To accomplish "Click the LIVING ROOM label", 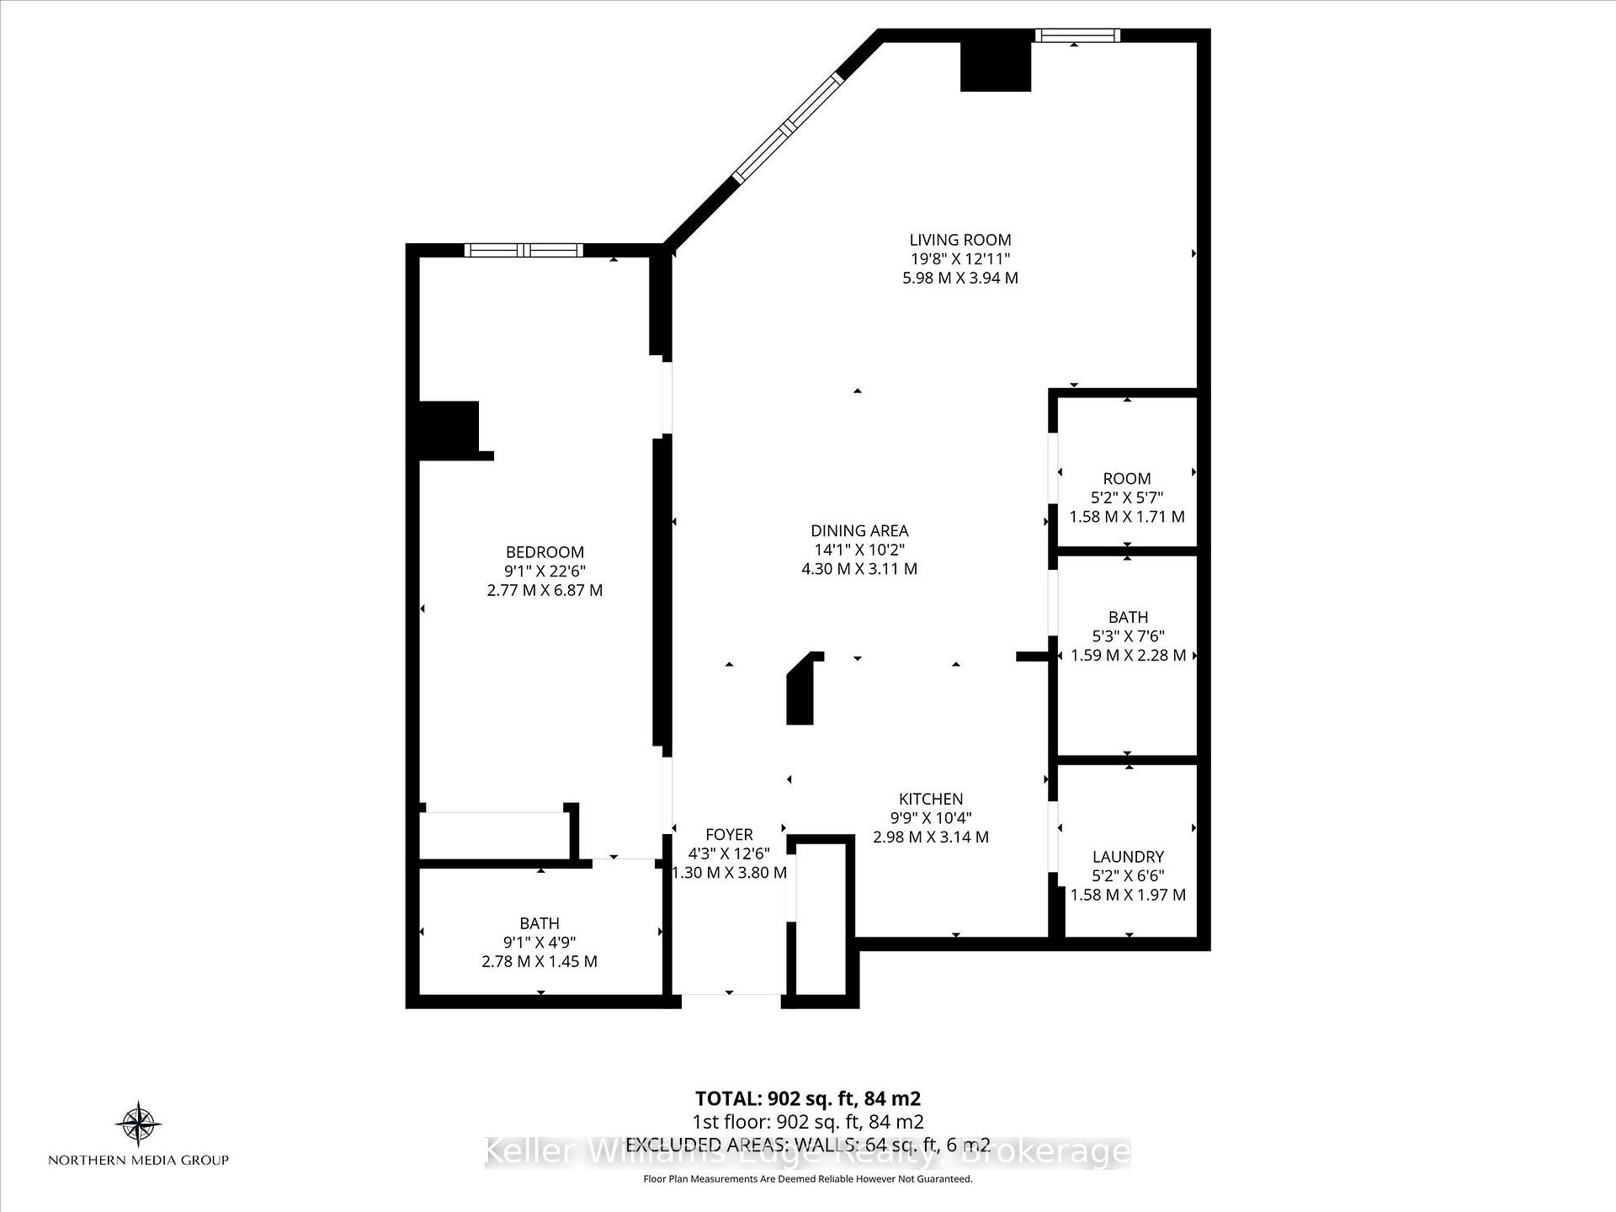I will [959, 240].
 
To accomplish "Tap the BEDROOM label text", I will [545, 552].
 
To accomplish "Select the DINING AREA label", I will [859, 530].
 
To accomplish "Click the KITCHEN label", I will [930, 799].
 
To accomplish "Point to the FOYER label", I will [729, 834].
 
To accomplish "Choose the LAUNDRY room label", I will [1128, 857].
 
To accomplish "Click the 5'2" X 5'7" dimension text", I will [1127, 497].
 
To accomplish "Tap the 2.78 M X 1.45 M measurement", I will [540, 961].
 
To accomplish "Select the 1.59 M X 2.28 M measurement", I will [1128, 655].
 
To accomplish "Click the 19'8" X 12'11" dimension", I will [959, 259].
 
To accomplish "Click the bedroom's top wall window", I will [524, 250].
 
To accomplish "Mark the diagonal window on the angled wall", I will [788, 127].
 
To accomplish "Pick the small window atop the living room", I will [1077, 35].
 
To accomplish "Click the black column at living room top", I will [996, 66].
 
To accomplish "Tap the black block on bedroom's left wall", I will [449, 429].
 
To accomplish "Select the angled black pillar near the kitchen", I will [802, 690].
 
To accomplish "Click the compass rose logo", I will [138, 1124].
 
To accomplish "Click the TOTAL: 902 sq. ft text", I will [807, 1098].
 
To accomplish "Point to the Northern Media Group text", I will [138, 1160].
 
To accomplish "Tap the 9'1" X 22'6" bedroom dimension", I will [545, 571].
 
